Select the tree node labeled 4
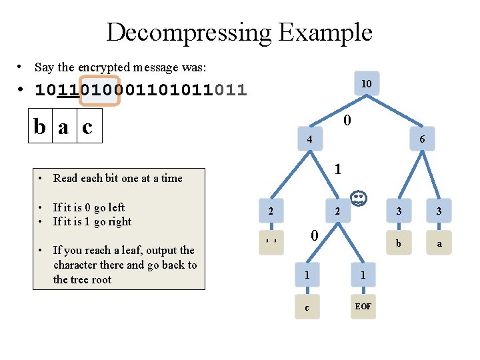pyautogui.click(x=309, y=140)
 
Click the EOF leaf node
pyautogui.click(x=363, y=307)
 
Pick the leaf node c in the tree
pyautogui.click(x=307, y=307)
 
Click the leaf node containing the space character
pyautogui.click(x=270, y=242)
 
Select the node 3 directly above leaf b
pyautogui.click(x=399, y=211)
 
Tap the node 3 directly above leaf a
pyautogui.click(x=439, y=211)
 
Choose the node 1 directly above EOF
pyautogui.click(x=363, y=275)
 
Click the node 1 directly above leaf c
pyautogui.click(x=307, y=275)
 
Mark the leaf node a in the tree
pyautogui.click(x=439, y=243)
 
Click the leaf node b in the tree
pyautogui.click(x=399, y=243)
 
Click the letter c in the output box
pyautogui.click(x=87, y=127)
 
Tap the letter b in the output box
pyautogui.click(x=41, y=127)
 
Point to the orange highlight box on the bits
pyautogui.click(x=99, y=89)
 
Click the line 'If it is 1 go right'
pyautogui.click(x=92, y=221)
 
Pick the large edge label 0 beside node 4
pyautogui.click(x=347, y=121)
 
